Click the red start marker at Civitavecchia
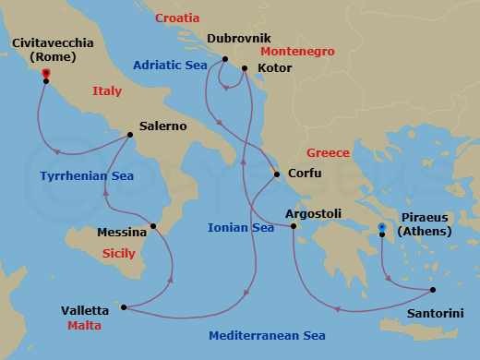coord(46,74)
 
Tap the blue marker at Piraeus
coord(382,227)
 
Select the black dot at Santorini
coord(433,290)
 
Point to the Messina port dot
coord(153,225)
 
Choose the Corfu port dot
coord(277,174)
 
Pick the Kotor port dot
coord(244,68)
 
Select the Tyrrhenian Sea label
coord(87,175)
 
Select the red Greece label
coord(328,152)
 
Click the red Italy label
coord(107,90)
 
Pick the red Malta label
coord(84,326)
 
